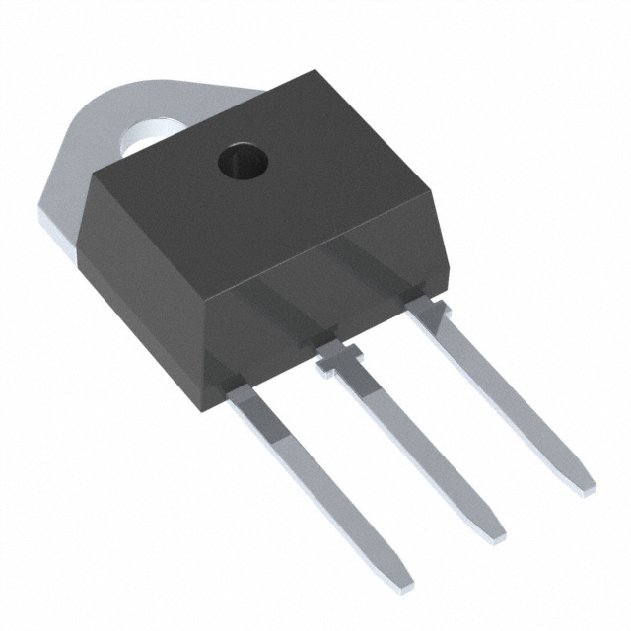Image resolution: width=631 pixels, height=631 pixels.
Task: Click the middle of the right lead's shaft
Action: [x=503, y=394]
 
